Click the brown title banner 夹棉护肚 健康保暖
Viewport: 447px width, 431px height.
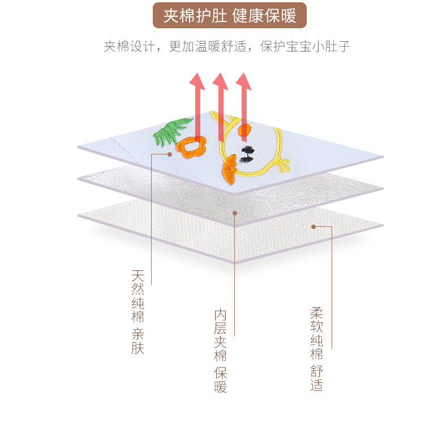229,15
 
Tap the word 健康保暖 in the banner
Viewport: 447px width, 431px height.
265,15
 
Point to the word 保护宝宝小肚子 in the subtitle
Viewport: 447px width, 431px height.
305,46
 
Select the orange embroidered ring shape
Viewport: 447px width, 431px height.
191,148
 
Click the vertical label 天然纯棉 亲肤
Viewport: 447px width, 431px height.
138,312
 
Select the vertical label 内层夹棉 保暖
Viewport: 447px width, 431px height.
221,351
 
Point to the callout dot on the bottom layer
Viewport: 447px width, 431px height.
313,227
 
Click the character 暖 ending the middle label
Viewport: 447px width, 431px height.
221,387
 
